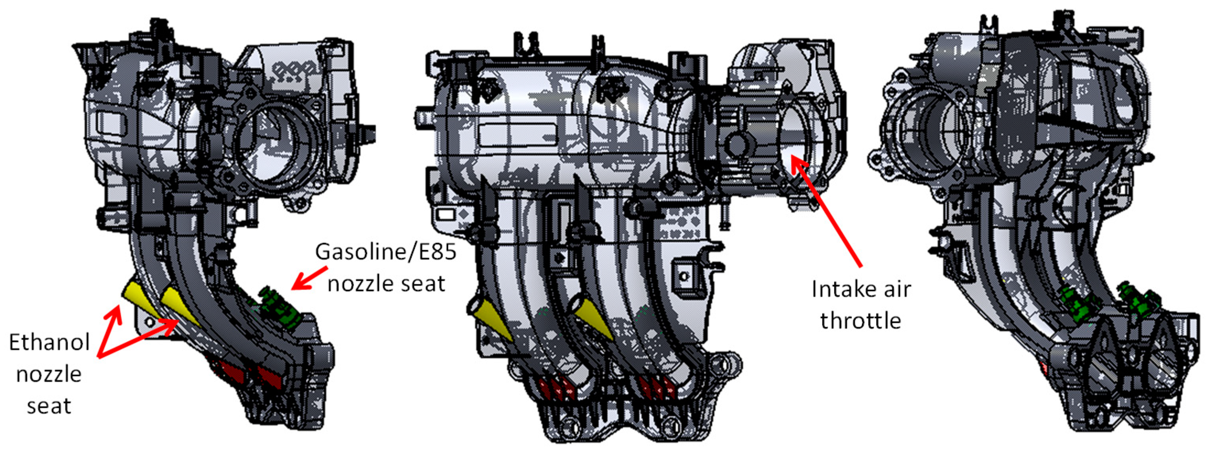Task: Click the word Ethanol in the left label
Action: click(x=49, y=343)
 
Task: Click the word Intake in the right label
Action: click(x=841, y=289)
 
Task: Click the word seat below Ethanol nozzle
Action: click(x=49, y=406)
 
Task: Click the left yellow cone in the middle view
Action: click(x=490, y=320)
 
